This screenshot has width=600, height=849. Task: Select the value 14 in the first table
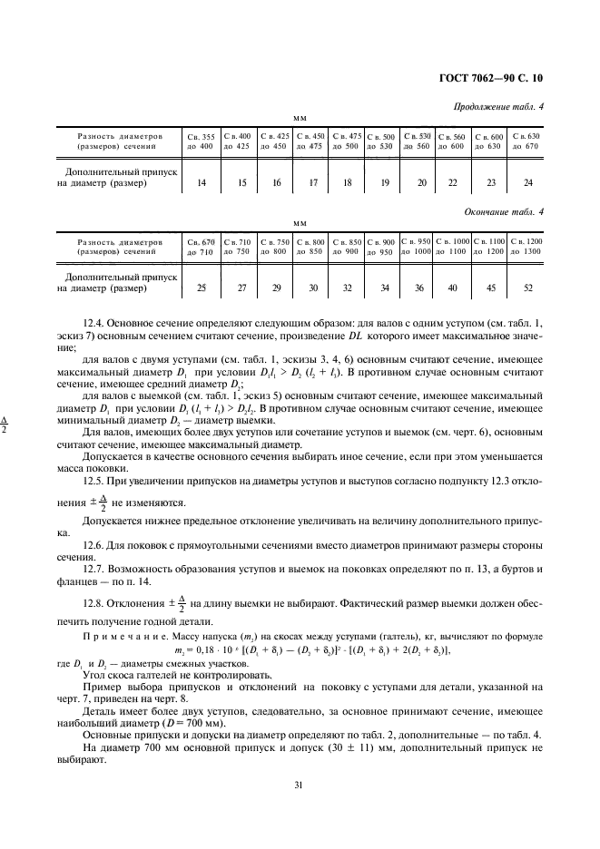click(201, 183)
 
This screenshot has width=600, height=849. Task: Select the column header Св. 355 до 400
click(201, 141)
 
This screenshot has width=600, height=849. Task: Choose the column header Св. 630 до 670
click(526, 141)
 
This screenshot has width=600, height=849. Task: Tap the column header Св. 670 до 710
click(201, 246)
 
